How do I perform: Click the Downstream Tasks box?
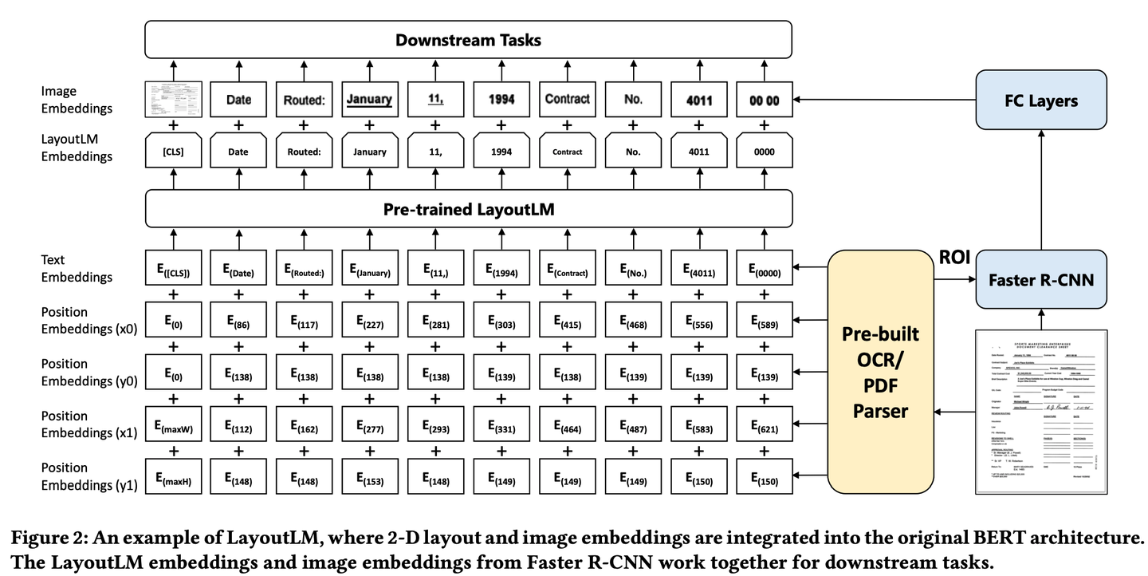tap(468, 39)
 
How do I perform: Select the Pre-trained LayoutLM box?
tap(468, 210)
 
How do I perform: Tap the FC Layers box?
tap(1040, 101)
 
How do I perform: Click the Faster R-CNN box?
tap(1040, 280)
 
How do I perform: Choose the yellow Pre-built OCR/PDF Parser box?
tap(880, 373)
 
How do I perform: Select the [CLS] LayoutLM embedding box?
tap(173, 152)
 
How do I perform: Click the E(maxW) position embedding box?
tap(173, 428)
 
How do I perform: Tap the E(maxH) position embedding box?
tap(173, 480)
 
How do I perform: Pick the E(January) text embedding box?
tap(369, 272)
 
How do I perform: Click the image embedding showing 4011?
tap(698, 101)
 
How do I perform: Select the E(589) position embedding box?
tap(764, 324)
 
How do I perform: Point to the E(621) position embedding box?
tap(764, 428)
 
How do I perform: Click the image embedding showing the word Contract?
tap(567, 101)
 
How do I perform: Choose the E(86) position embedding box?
tap(238, 324)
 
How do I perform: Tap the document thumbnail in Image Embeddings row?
tap(173, 101)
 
